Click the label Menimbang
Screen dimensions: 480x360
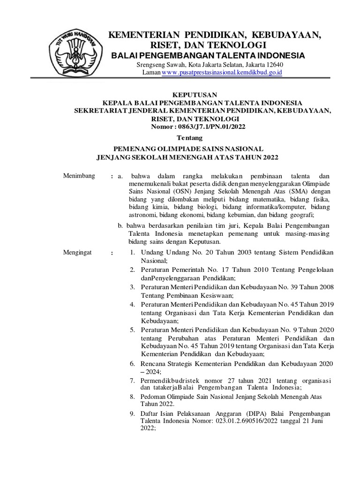click(79, 176)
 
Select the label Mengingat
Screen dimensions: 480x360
click(78, 253)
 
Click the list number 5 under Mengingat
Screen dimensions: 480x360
click(133, 330)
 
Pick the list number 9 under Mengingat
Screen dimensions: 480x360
click(133, 413)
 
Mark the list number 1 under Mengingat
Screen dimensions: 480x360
click(133, 253)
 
